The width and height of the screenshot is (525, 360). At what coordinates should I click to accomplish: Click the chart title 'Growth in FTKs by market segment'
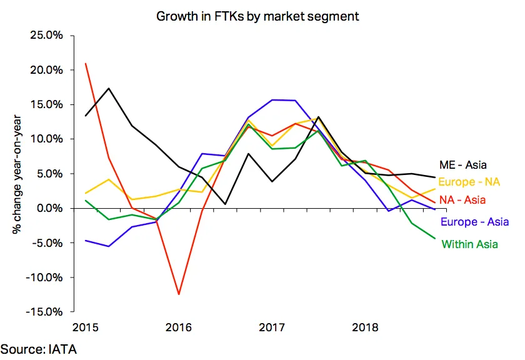click(257, 16)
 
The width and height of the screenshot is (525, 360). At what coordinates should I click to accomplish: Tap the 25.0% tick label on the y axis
click(46, 35)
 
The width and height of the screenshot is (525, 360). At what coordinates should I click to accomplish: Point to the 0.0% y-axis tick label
click(49, 208)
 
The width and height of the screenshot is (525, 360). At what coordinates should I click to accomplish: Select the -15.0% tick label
click(44, 312)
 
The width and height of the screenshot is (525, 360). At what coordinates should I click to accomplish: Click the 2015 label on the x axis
click(86, 327)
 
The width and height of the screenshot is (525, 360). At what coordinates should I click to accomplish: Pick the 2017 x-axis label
click(271, 327)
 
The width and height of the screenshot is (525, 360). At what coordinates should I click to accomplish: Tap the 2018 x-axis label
click(365, 327)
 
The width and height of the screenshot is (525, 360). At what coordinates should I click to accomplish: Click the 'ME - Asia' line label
click(462, 165)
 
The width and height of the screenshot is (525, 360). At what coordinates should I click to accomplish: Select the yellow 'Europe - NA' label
click(469, 182)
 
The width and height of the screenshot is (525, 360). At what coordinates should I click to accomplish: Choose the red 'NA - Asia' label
click(462, 200)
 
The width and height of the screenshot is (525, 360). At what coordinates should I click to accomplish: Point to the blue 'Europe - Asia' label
click(474, 222)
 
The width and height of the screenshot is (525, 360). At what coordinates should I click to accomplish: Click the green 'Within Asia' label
click(470, 244)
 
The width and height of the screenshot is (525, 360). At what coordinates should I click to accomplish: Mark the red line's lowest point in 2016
click(179, 294)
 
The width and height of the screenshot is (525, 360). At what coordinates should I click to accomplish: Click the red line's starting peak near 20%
click(86, 63)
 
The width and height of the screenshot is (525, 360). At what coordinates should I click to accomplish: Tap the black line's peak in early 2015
click(109, 88)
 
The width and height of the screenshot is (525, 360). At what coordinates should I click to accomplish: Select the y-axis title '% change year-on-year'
click(17, 174)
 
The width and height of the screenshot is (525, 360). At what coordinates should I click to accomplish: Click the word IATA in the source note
click(62, 349)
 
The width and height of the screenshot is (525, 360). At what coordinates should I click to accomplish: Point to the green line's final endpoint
click(435, 238)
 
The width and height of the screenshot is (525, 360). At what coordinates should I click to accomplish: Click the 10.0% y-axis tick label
click(46, 139)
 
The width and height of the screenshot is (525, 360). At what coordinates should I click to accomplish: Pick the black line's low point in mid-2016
click(226, 204)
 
